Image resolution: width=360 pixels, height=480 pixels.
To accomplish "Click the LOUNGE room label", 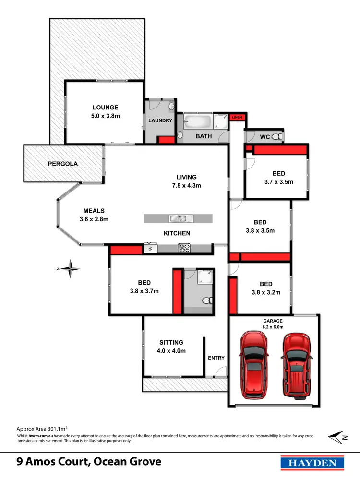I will [x=105, y=108].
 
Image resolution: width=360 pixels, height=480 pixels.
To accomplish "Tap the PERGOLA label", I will [x=62, y=164].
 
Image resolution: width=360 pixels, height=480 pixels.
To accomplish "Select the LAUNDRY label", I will [x=160, y=120].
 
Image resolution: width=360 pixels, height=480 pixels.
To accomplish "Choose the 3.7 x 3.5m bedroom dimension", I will [x=278, y=182].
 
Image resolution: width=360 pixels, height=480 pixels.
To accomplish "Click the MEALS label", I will [x=94, y=211].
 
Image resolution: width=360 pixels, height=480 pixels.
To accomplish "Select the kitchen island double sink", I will [x=180, y=219].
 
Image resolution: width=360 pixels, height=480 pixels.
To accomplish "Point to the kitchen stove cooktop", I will [x=185, y=249].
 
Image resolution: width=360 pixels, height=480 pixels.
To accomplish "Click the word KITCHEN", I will [x=177, y=233].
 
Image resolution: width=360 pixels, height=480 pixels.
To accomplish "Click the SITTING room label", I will [x=171, y=342].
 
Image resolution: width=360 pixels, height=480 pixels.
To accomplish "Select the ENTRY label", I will [x=216, y=358].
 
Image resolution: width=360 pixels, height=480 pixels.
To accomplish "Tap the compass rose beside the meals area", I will [x=72, y=269].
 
